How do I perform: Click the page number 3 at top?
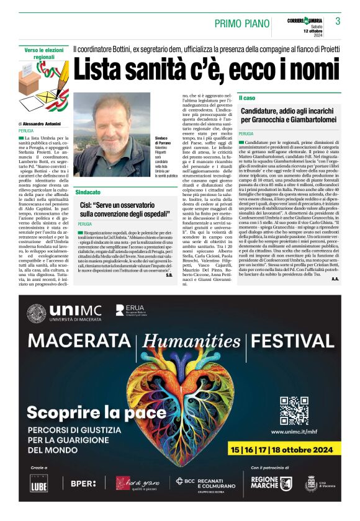pyautogui.click(x=338, y=22)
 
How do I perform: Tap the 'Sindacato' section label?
pyautogui.click(x=88, y=192)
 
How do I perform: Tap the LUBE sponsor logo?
pyautogui.click(x=38, y=485)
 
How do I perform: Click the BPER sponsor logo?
pyautogui.click(x=83, y=483)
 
